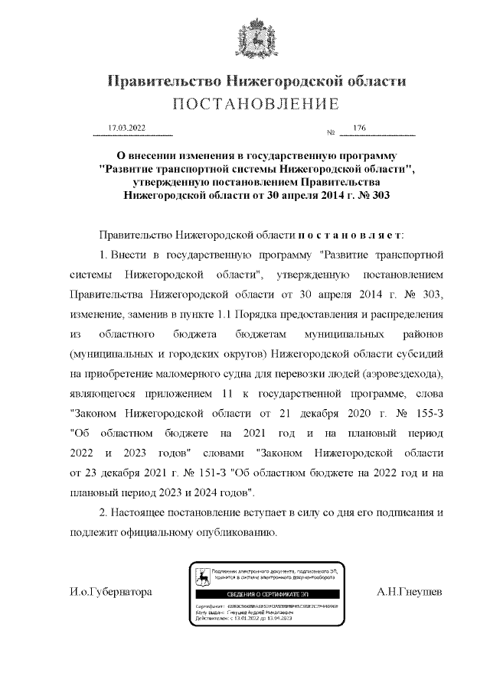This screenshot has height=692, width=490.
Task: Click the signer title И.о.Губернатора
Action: click(106, 592)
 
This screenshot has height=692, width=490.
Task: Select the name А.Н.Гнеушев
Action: click(410, 592)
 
